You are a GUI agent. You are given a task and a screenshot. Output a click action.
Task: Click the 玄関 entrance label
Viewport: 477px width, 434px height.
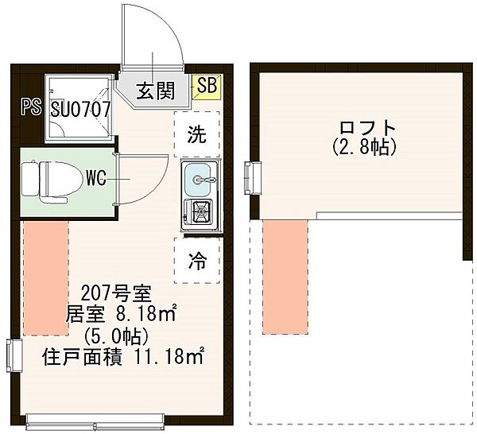point(155,90)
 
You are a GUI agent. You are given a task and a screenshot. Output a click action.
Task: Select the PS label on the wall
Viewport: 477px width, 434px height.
point(32,107)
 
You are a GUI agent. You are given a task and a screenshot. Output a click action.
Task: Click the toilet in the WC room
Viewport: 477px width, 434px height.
point(47,180)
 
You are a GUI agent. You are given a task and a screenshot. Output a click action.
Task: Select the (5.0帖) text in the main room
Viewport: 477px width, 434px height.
point(121,335)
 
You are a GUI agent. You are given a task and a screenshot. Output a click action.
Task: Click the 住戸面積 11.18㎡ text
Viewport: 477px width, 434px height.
point(122,357)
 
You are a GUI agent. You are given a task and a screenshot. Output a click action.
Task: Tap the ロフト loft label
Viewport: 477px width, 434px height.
point(366,128)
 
